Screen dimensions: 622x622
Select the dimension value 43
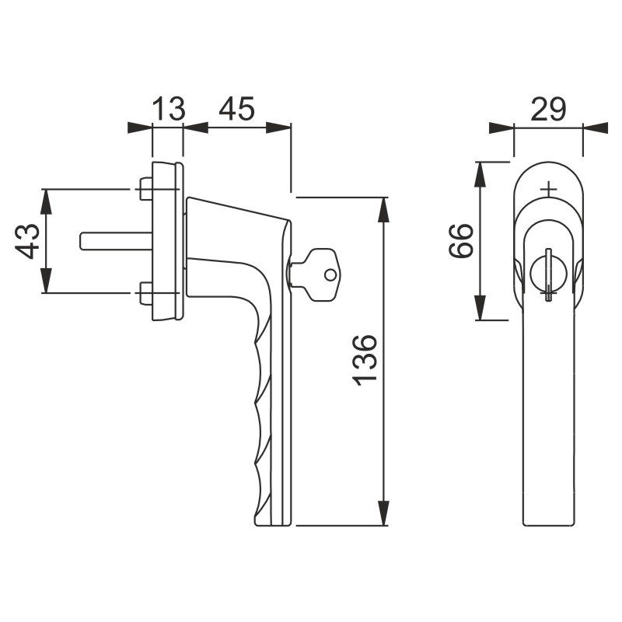(x=27, y=242)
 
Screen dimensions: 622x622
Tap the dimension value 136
(x=365, y=360)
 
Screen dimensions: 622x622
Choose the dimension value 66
(x=461, y=241)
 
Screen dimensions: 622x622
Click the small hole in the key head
(x=330, y=274)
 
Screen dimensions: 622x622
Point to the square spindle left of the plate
(x=116, y=241)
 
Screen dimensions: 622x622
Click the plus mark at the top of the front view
(x=549, y=189)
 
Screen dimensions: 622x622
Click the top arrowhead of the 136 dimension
(x=383, y=210)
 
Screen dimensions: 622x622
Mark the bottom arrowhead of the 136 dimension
(x=383, y=513)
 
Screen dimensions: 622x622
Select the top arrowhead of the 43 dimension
(x=47, y=202)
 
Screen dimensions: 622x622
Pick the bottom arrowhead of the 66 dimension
(x=480, y=307)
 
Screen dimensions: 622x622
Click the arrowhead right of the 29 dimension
(x=596, y=128)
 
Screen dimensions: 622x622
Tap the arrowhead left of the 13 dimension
(x=140, y=128)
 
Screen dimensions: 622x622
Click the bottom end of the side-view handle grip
(x=274, y=526)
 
